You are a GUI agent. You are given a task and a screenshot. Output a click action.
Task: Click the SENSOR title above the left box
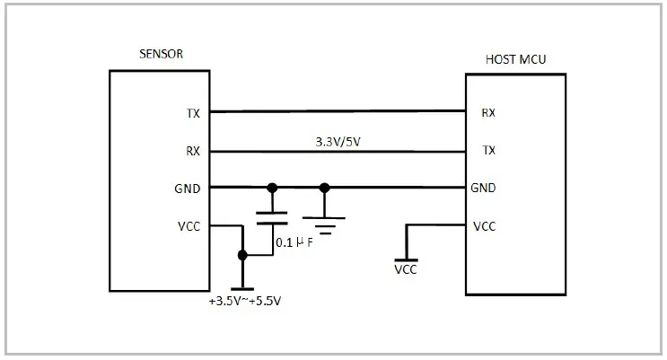(x=162, y=54)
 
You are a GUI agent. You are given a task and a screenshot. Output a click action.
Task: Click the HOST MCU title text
(x=515, y=60)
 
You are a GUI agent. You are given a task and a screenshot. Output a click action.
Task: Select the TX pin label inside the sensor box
(x=193, y=113)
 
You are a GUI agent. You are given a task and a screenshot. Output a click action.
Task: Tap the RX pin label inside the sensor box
(x=193, y=152)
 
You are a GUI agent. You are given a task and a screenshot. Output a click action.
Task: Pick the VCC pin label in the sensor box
(x=189, y=226)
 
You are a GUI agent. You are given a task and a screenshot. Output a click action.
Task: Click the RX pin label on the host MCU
(x=488, y=113)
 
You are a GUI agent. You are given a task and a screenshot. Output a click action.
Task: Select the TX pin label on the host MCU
(x=488, y=151)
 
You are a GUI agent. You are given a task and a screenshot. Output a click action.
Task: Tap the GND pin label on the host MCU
(x=484, y=189)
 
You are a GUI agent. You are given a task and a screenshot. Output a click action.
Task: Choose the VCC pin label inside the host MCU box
(x=484, y=226)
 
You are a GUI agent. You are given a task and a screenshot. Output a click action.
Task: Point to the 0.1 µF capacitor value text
(x=294, y=242)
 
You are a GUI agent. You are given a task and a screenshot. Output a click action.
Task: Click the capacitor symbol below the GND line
(x=272, y=215)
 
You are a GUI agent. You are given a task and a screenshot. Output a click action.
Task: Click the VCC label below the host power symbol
(x=406, y=269)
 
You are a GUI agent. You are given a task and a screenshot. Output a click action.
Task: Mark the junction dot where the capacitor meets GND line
(x=272, y=188)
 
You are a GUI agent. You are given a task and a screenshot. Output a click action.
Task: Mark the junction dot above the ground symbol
(x=325, y=188)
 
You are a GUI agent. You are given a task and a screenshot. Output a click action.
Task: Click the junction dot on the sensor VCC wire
(x=241, y=255)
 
